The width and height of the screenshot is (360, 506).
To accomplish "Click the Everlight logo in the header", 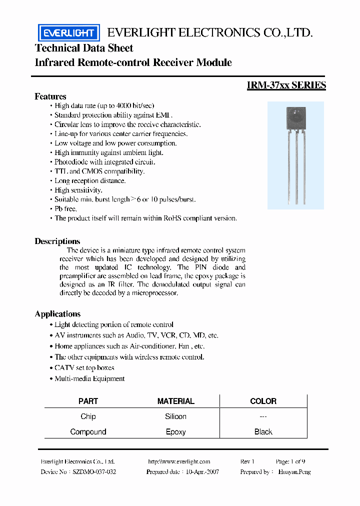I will point(69,33).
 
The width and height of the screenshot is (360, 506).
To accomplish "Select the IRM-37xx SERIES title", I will point(286,85).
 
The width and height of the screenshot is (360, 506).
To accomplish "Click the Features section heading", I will point(50,96).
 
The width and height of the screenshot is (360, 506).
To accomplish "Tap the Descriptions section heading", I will point(57,241).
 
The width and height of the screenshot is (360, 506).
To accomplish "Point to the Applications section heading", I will point(57,314).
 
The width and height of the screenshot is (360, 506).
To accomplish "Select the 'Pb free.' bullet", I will point(65,209).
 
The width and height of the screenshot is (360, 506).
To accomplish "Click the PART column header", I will point(88,401).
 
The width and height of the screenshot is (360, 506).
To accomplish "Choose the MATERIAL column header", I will point(175,401).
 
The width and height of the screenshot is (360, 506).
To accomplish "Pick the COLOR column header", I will point(263,401).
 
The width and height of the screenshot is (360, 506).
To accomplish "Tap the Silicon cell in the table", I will point(175,416).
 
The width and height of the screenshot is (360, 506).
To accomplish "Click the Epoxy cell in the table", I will point(175,432).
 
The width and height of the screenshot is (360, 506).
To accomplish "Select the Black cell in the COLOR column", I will point(263,432).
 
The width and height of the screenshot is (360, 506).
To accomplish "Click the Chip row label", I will point(88,416).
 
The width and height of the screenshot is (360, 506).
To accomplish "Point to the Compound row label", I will point(88,432).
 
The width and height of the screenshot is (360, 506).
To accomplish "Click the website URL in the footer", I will point(179,461).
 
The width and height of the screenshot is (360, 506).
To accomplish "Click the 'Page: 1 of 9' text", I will point(290,461).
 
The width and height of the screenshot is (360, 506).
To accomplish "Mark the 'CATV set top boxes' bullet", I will point(84,368).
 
